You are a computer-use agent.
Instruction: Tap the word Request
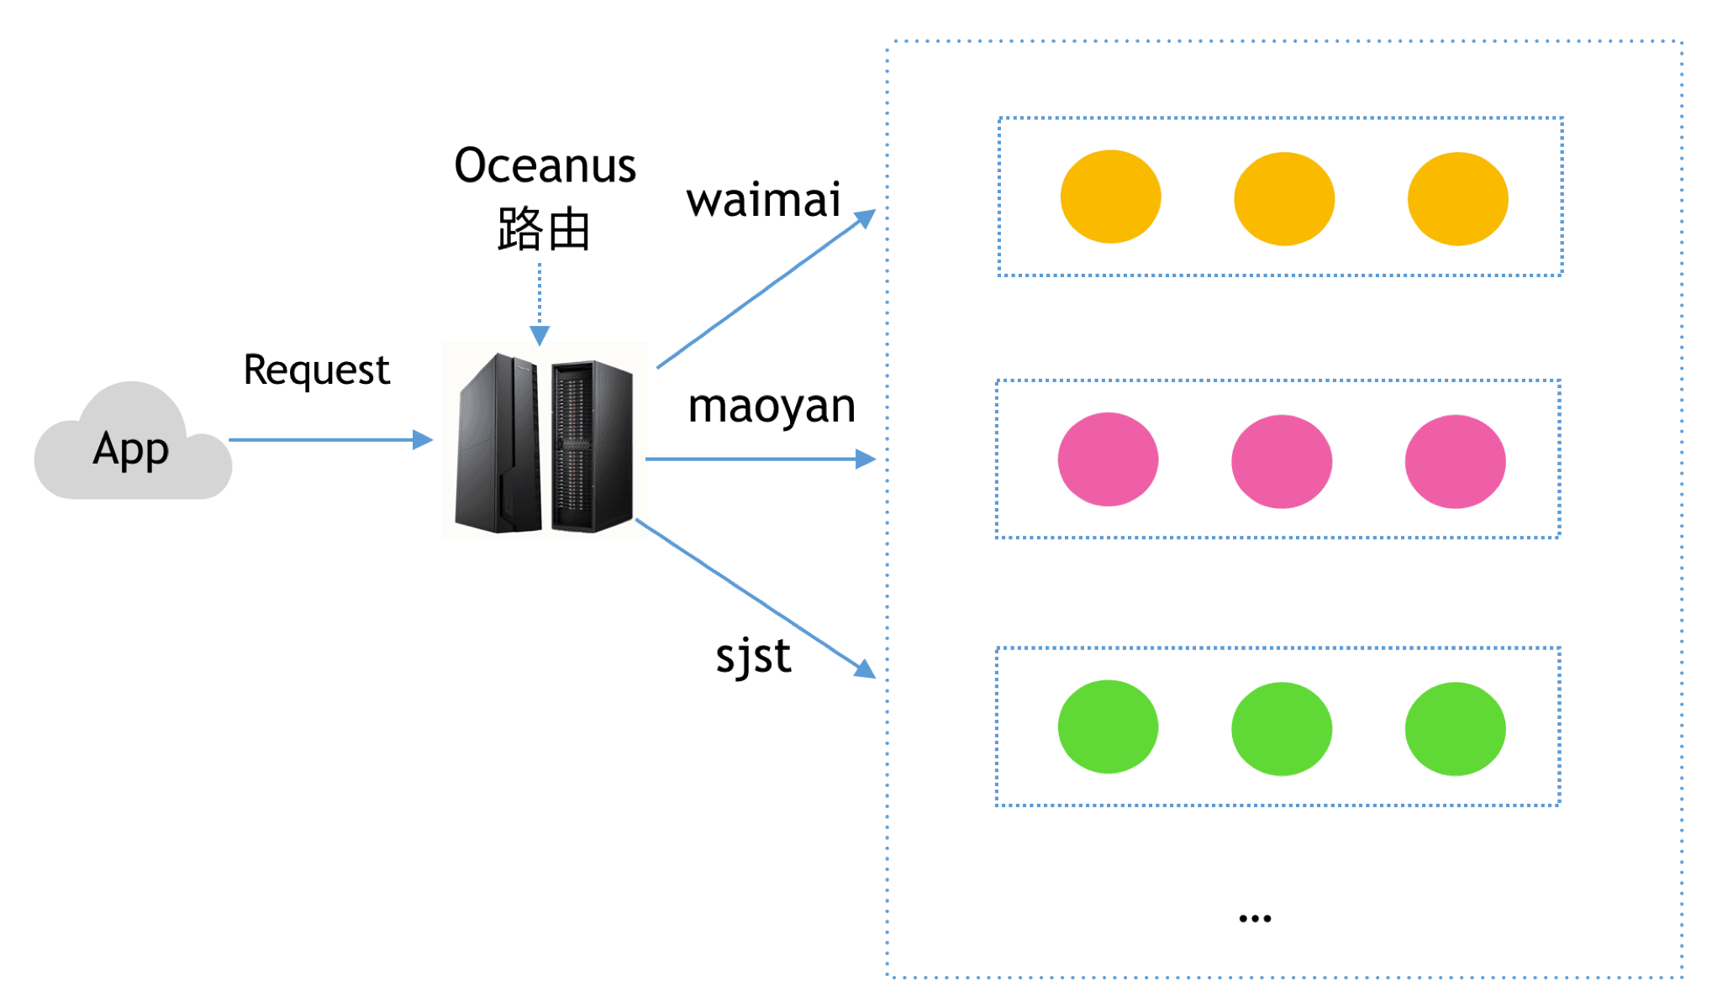(x=317, y=370)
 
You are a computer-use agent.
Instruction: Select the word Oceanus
(x=545, y=165)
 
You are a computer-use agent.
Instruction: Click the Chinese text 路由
(x=544, y=228)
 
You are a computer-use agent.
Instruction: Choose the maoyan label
(x=772, y=407)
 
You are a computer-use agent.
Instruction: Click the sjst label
(x=753, y=656)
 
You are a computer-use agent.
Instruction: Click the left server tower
(x=499, y=443)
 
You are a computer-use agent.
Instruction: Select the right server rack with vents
(x=592, y=447)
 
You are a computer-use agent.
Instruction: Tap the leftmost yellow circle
(x=1110, y=197)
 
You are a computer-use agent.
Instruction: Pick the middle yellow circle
(x=1283, y=198)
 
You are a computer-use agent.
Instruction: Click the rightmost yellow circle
(x=1457, y=198)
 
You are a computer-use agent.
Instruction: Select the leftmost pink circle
(x=1108, y=459)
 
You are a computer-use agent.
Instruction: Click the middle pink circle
(x=1281, y=461)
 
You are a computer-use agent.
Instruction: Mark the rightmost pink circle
(x=1455, y=461)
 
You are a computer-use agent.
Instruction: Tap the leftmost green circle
(x=1108, y=727)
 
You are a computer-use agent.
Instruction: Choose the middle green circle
(x=1281, y=728)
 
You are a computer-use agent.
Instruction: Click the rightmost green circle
(x=1455, y=728)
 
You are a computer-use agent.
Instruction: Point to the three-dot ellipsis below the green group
(x=1255, y=919)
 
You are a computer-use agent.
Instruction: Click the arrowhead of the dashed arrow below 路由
(x=540, y=336)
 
